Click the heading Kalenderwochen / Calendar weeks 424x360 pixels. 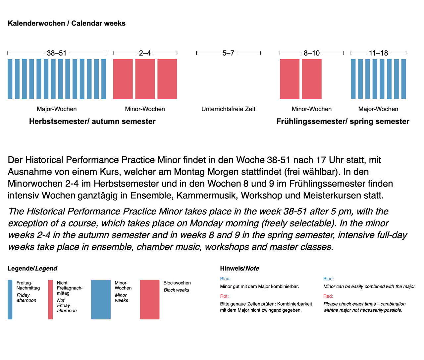(x=67, y=24)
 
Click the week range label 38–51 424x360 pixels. (x=57, y=53)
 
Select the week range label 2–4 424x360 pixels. (x=145, y=53)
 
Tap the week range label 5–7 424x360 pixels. (x=228, y=53)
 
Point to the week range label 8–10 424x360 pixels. (x=312, y=53)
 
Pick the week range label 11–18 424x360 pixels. (x=378, y=53)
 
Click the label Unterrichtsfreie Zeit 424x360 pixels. (x=228, y=109)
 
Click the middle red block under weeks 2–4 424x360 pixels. (x=145, y=79)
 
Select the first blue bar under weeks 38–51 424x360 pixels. (x=10, y=79)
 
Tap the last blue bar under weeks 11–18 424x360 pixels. (x=403, y=79)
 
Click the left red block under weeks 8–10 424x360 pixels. (x=290, y=79)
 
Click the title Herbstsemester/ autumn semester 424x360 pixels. (x=92, y=122)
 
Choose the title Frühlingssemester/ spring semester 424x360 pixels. (x=343, y=122)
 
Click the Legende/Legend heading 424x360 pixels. (x=32, y=269)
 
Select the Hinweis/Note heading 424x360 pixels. (x=239, y=269)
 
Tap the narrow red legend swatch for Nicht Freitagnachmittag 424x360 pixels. (x=50, y=299)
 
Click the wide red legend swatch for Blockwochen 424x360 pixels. (x=149, y=299)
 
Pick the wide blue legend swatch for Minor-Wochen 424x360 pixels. (x=101, y=299)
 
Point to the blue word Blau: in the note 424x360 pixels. (x=225, y=279)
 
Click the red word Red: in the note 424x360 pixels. (x=328, y=296)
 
